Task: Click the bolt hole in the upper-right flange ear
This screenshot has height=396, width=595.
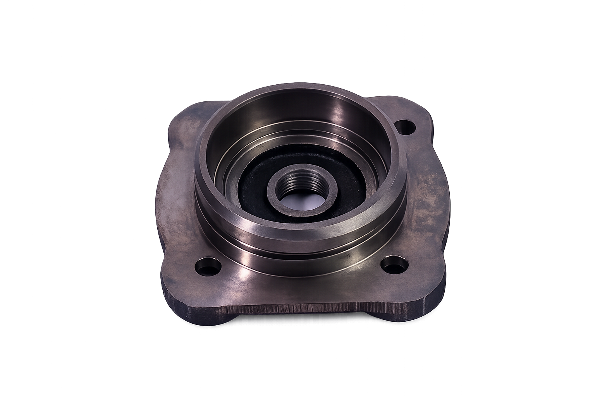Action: click(x=406, y=127)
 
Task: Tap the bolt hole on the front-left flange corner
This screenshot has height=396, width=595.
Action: click(x=208, y=266)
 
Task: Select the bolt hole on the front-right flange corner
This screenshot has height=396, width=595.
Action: click(x=394, y=264)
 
